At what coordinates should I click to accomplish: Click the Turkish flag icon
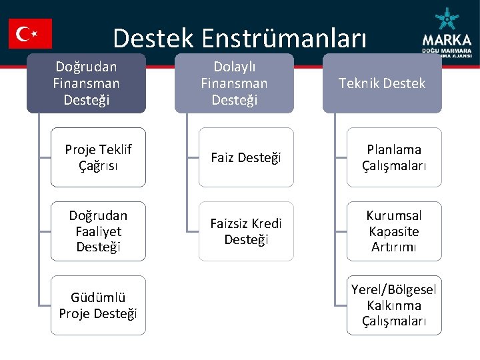tap(30, 33)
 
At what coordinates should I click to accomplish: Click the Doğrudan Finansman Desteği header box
tap(86, 83)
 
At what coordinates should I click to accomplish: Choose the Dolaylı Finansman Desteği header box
tap(234, 83)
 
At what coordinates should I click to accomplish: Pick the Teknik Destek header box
tap(382, 83)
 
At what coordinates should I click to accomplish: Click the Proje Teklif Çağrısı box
tap(98, 157)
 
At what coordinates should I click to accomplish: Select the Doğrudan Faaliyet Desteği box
tap(98, 231)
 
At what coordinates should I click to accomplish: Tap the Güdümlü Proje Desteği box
tap(98, 305)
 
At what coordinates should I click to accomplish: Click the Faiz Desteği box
tap(246, 157)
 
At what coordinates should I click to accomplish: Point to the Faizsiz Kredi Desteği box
tap(246, 231)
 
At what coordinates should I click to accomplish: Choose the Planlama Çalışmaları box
tap(394, 157)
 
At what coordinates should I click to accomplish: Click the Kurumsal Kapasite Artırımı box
tap(394, 231)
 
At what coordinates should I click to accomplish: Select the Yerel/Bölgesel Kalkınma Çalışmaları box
tap(394, 305)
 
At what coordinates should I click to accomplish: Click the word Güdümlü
tap(98, 297)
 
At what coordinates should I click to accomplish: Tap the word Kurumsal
tap(394, 216)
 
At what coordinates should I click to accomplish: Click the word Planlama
tap(394, 149)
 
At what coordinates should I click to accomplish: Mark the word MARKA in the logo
tap(447, 39)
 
